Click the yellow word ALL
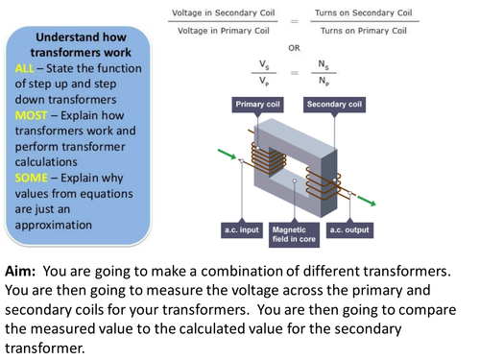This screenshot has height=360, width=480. [26, 70]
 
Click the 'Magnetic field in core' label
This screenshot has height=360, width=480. [294, 235]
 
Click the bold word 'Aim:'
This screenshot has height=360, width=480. [25, 271]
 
